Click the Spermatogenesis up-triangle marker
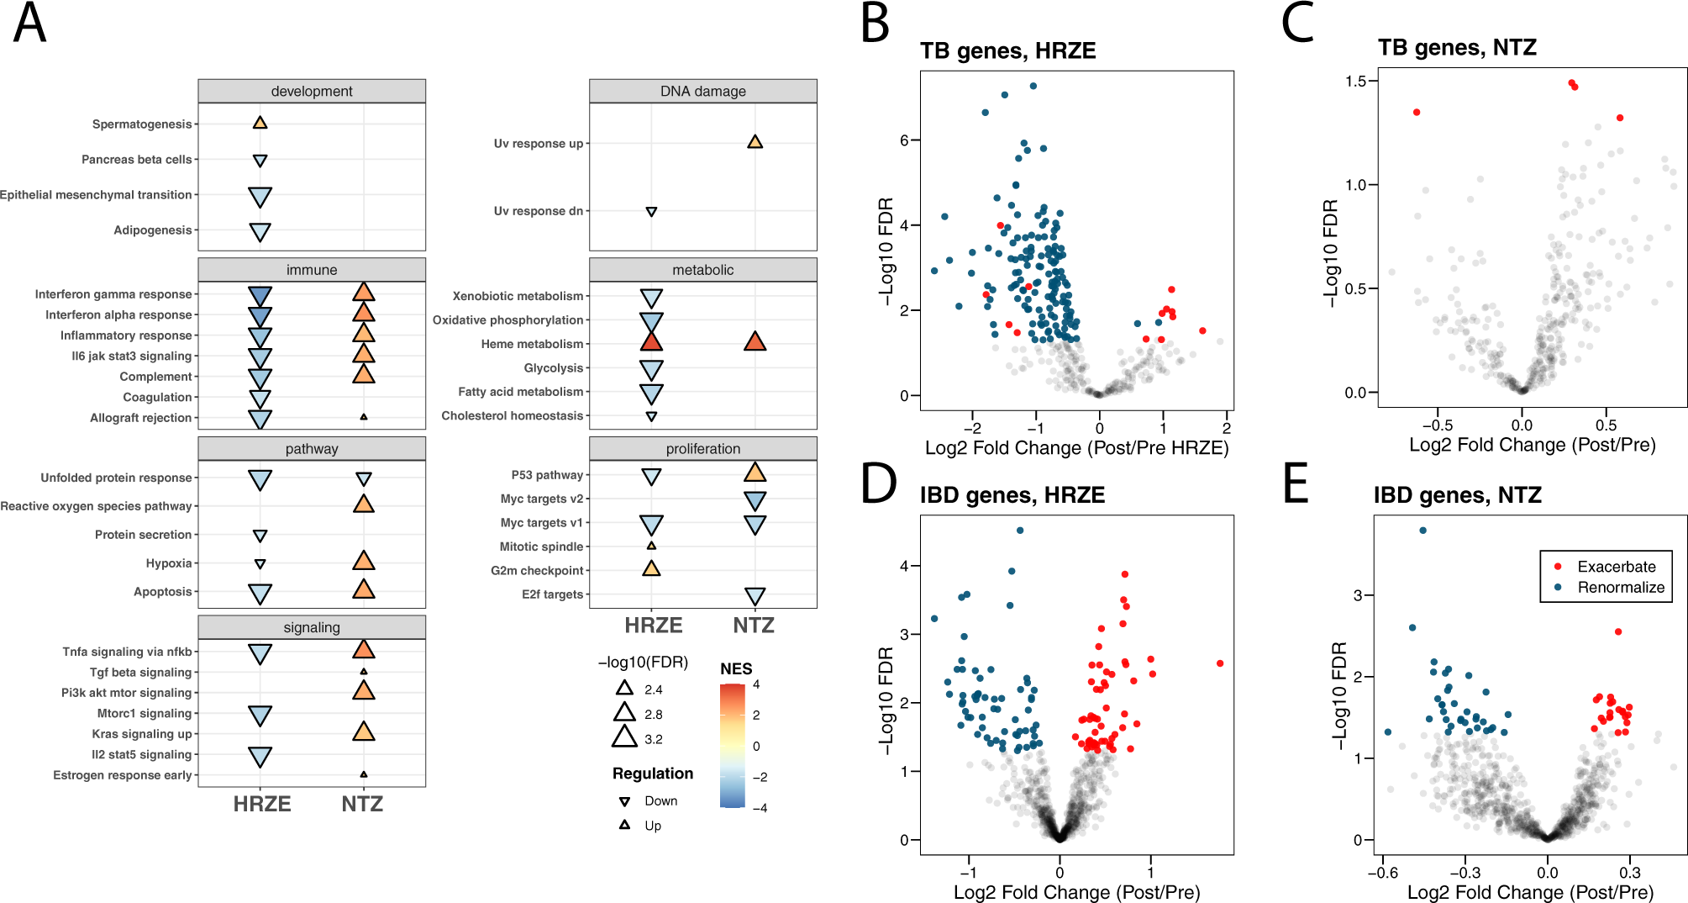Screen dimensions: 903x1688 [x=260, y=123]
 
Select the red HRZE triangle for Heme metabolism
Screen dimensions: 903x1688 [x=651, y=341]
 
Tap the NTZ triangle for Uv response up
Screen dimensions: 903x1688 [x=755, y=142]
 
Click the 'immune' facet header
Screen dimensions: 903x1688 [x=312, y=270]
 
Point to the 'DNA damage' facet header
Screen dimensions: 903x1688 [x=702, y=91]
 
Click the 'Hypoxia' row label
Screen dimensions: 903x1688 [x=169, y=563]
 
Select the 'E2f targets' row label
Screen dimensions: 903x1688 [x=552, y=594]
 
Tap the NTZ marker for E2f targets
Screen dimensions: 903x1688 [x=755, y=596]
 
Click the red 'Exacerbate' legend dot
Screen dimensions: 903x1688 [x=1558, y=567]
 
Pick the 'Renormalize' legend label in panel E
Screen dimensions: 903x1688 [x=1620, y=588]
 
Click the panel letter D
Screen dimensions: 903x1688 [x=878, y=484]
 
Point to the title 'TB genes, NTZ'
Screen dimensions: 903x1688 [x=1457, y=48]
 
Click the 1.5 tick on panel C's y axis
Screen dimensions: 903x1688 [x=1355, y=81]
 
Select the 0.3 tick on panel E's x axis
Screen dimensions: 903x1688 [x=1629, y=873]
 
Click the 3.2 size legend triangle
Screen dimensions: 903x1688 [x=624, y=737]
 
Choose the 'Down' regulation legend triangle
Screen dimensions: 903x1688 [x=624, y=801]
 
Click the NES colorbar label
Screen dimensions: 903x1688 [x=735, y=668]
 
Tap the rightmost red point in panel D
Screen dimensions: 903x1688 [x=1219, y=663]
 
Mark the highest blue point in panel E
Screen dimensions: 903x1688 [x=1422, y=531]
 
